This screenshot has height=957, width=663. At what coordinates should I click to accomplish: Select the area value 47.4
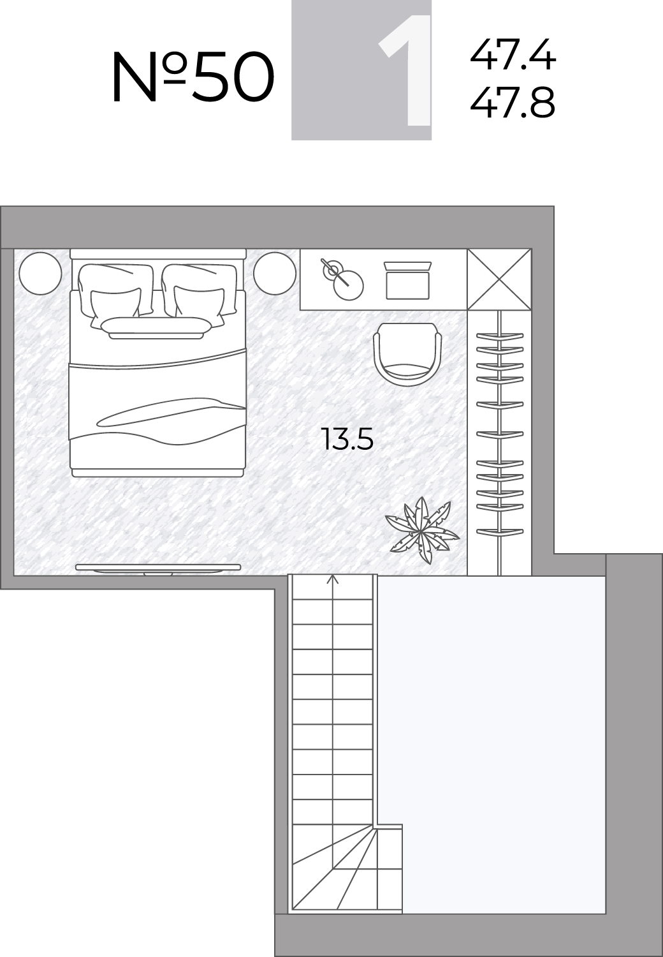point(513,54)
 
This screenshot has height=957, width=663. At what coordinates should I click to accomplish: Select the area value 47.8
point(513,103)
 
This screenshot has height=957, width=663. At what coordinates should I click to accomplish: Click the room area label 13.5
point(349,439)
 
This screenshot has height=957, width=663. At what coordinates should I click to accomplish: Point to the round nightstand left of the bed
point(41,274)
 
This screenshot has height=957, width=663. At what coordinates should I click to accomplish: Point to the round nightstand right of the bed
point(275,274)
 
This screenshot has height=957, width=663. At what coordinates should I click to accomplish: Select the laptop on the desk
point(408,281)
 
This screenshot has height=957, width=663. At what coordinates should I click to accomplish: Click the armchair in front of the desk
point(408,355)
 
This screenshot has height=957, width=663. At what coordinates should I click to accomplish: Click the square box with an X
point(500,279)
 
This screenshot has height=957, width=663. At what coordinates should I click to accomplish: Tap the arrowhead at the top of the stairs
point(333,579)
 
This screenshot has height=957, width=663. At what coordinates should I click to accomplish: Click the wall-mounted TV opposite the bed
point(158,570)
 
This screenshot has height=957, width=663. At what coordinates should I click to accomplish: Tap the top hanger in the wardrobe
point(500,336)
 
